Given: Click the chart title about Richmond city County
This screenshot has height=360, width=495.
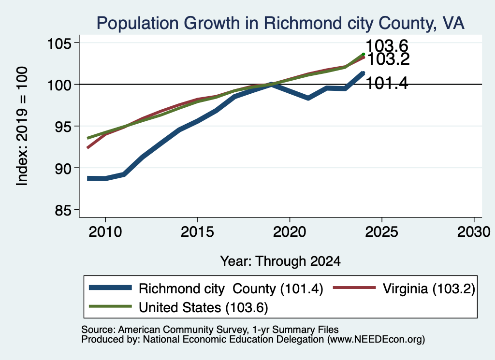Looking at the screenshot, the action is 280,23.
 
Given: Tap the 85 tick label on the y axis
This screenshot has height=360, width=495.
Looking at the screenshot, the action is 63,210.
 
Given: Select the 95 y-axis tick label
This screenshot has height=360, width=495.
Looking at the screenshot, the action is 63,127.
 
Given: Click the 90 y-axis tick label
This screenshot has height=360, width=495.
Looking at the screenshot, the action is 63,169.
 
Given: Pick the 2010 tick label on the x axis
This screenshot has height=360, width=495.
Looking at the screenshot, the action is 105,232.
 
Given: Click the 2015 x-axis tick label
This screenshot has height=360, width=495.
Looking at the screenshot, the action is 197,232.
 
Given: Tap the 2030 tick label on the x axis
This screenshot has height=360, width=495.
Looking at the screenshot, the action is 474,232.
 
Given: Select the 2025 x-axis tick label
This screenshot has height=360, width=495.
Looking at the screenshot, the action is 382,232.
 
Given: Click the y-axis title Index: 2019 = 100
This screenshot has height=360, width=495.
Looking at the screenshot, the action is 22,126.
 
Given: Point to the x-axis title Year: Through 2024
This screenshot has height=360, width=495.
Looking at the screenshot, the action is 280,261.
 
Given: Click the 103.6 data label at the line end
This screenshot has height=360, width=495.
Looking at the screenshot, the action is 387,46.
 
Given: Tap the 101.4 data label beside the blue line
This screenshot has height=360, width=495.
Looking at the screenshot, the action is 387,84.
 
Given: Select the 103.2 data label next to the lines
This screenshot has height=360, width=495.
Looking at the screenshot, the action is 389,59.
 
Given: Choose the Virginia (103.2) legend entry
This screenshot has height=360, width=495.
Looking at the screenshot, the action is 405,288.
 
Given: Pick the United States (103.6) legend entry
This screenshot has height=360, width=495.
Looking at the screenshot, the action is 179,307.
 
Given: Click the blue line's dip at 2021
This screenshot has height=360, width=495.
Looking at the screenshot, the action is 308,98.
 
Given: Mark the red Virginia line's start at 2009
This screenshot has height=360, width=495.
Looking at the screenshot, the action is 87,148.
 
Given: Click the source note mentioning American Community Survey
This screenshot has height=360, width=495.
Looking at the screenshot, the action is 210,330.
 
